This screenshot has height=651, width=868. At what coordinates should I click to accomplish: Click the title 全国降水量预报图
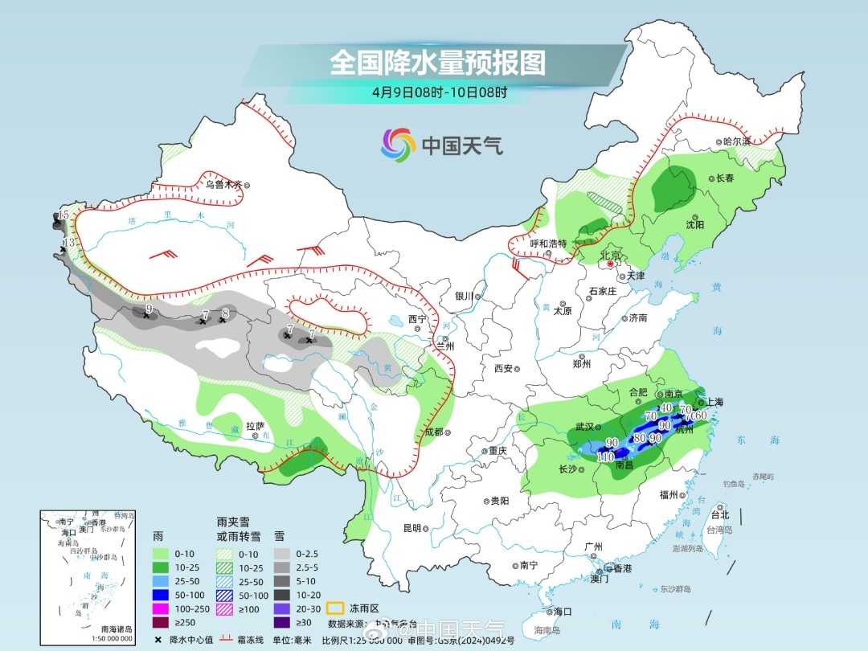tap(437, 63)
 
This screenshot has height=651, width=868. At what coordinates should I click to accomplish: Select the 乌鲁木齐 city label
tap(223, 184)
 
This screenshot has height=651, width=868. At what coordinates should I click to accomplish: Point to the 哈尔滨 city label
tap(735, 141)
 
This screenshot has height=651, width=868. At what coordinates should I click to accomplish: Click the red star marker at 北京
tap(611, 263)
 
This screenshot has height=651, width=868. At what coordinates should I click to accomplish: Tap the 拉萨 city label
tap(255, 426)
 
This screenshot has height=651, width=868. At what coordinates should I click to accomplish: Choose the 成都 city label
tap(433, 432)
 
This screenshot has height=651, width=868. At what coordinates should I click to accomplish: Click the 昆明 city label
tap(411, 528)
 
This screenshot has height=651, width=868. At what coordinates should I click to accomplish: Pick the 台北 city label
tap(719, 514)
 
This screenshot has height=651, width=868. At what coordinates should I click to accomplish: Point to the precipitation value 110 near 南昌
tap(607, 457)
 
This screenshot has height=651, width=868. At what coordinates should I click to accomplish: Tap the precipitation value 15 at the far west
tap(63, 215)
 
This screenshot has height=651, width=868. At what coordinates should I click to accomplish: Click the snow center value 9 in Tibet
tap(149, 308)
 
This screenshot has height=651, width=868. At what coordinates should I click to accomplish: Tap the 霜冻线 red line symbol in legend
tap(227, 640)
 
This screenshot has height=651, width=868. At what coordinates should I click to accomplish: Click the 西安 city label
tap(503, 368)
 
